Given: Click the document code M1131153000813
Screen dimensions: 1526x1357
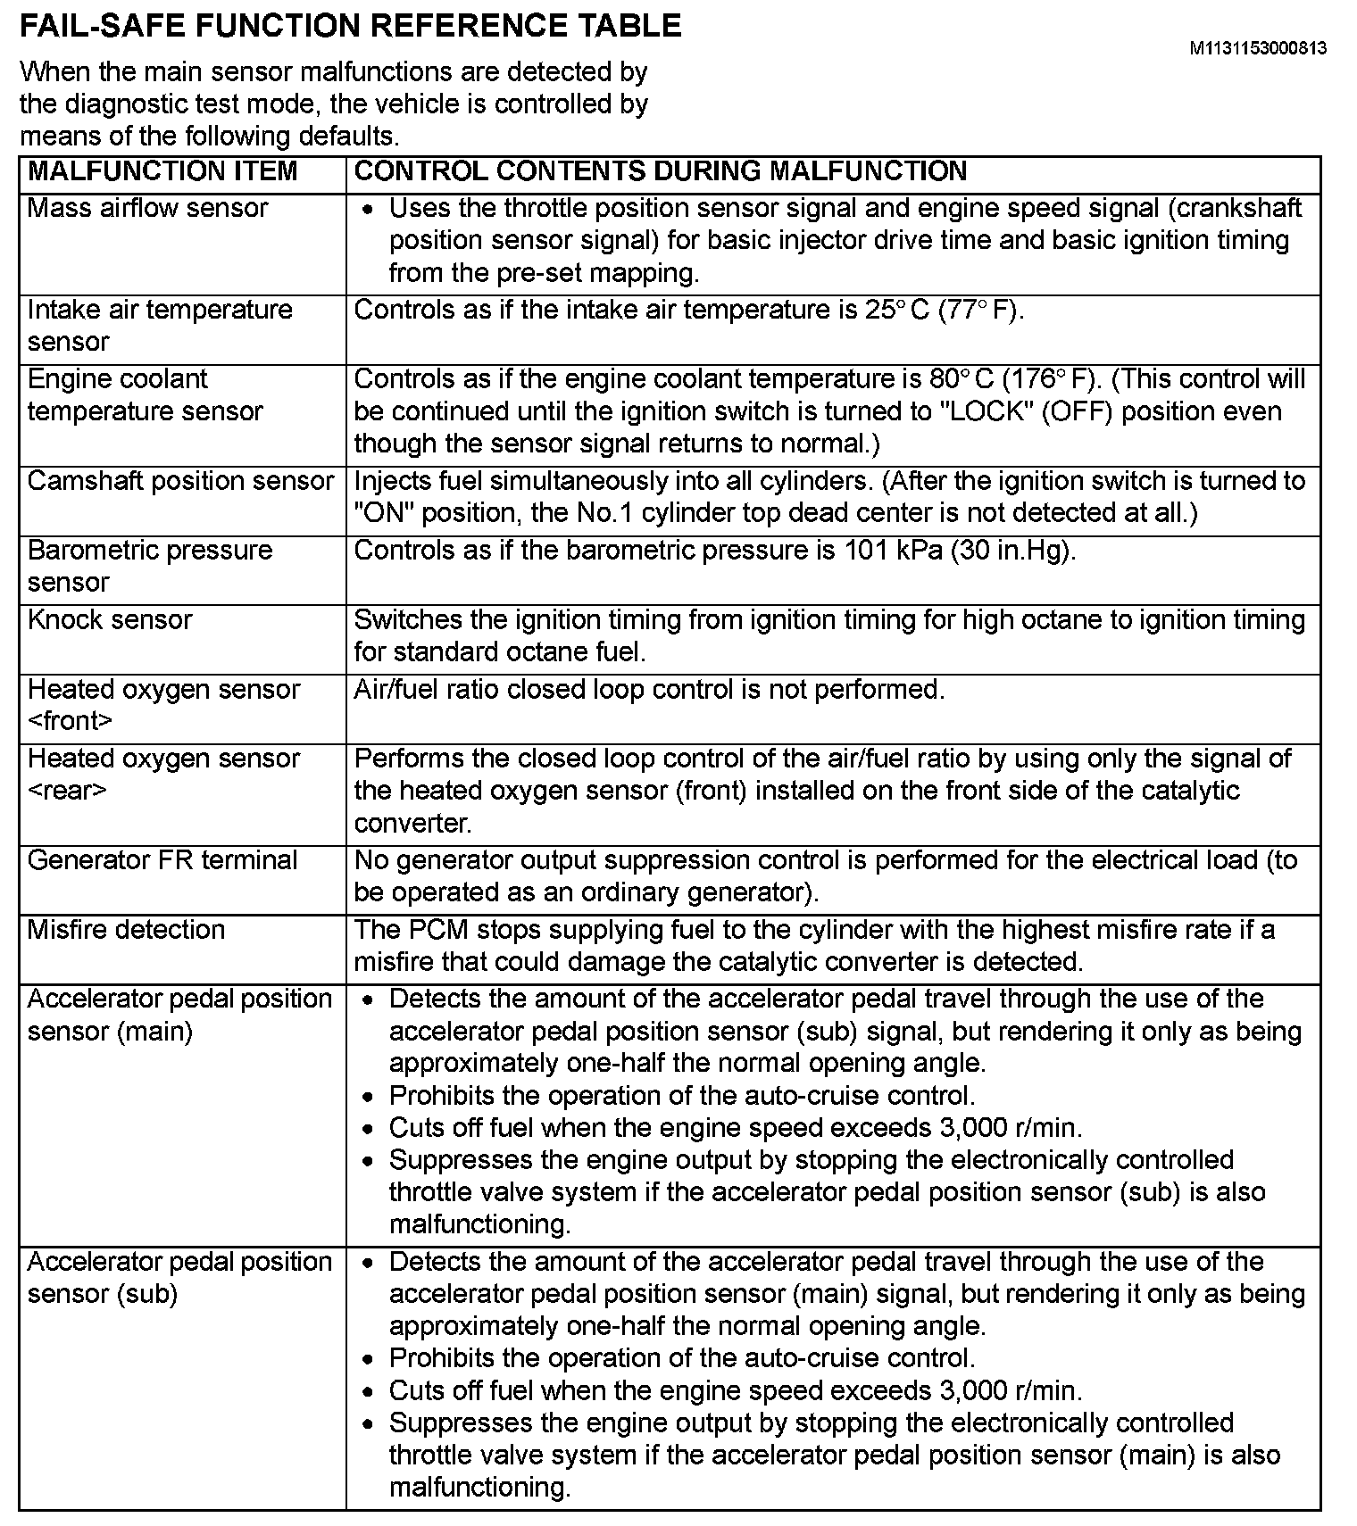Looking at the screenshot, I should [1257, 48].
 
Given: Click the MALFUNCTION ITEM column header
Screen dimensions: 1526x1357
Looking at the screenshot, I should [162, 171].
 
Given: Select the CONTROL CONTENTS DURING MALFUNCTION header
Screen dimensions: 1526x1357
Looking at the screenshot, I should [661, 171].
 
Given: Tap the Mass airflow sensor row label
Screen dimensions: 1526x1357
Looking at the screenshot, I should [147, 208].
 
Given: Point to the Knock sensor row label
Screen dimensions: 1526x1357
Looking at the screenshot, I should [110, 620].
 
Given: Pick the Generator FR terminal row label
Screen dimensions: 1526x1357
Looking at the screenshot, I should [162, 860].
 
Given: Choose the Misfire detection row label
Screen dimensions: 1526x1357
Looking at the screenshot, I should [126, 930].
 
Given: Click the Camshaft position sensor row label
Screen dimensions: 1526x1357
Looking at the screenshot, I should [180, 481].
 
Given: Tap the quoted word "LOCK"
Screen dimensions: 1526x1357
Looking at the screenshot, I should [976, 411].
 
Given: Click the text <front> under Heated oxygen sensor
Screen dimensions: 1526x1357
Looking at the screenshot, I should [71, 721].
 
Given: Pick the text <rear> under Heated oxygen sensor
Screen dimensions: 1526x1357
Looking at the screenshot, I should [67, 791].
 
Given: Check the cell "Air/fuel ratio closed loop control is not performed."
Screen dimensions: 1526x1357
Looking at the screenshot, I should [649, 690].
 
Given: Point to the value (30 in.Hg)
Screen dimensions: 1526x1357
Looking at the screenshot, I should [1013, 551].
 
